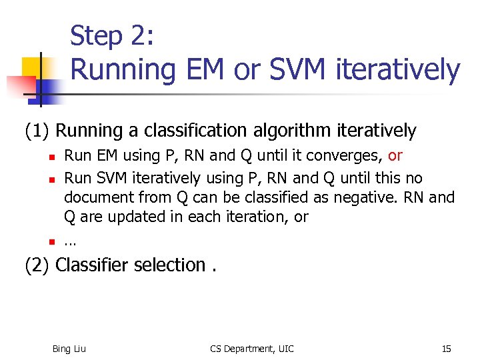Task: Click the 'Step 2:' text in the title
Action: point(112,35)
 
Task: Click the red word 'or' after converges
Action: point(395,156)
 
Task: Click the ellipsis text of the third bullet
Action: point(70,242)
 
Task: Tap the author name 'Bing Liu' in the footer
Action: point(69,349)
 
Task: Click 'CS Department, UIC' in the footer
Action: point(251,349)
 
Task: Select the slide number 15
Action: point(446,349)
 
